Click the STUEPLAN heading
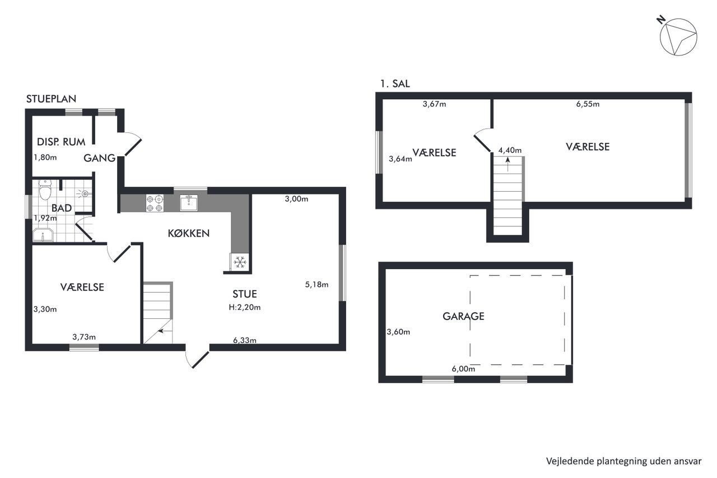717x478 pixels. tap(51, 99)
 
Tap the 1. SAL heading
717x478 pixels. tap(395, 83)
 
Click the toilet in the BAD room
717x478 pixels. tap(45, 189)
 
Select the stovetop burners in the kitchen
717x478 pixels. tap(155, 203)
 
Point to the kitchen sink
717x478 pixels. tap(189, 203)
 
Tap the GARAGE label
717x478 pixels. tap(463, 316)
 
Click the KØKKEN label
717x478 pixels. tap(189, 234)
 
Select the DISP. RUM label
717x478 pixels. tap(61, 142)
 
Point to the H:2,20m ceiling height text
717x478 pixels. tap(245, 307)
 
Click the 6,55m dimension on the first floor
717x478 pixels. tap(588, 104)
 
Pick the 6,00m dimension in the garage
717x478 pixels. tap(463, 369)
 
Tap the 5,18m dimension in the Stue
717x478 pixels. tap(316, 285)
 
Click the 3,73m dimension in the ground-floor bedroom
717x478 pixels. tap(84, 337)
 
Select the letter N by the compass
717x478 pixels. tap(661, 20)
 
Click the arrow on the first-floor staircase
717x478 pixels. tap(508, 164)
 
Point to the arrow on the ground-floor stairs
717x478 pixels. tap(164, 331)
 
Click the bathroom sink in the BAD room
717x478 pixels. tap(43, 235)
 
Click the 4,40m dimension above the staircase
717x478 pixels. tap(510, 150)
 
